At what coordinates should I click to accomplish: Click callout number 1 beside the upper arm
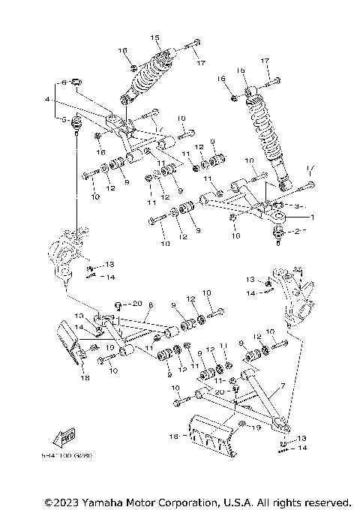click(x=314, y=216)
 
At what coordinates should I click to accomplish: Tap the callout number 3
click(x=297, y=205)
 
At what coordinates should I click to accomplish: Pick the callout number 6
click(x=64, y=82)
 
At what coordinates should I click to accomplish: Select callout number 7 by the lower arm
click(x=283, y=385)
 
